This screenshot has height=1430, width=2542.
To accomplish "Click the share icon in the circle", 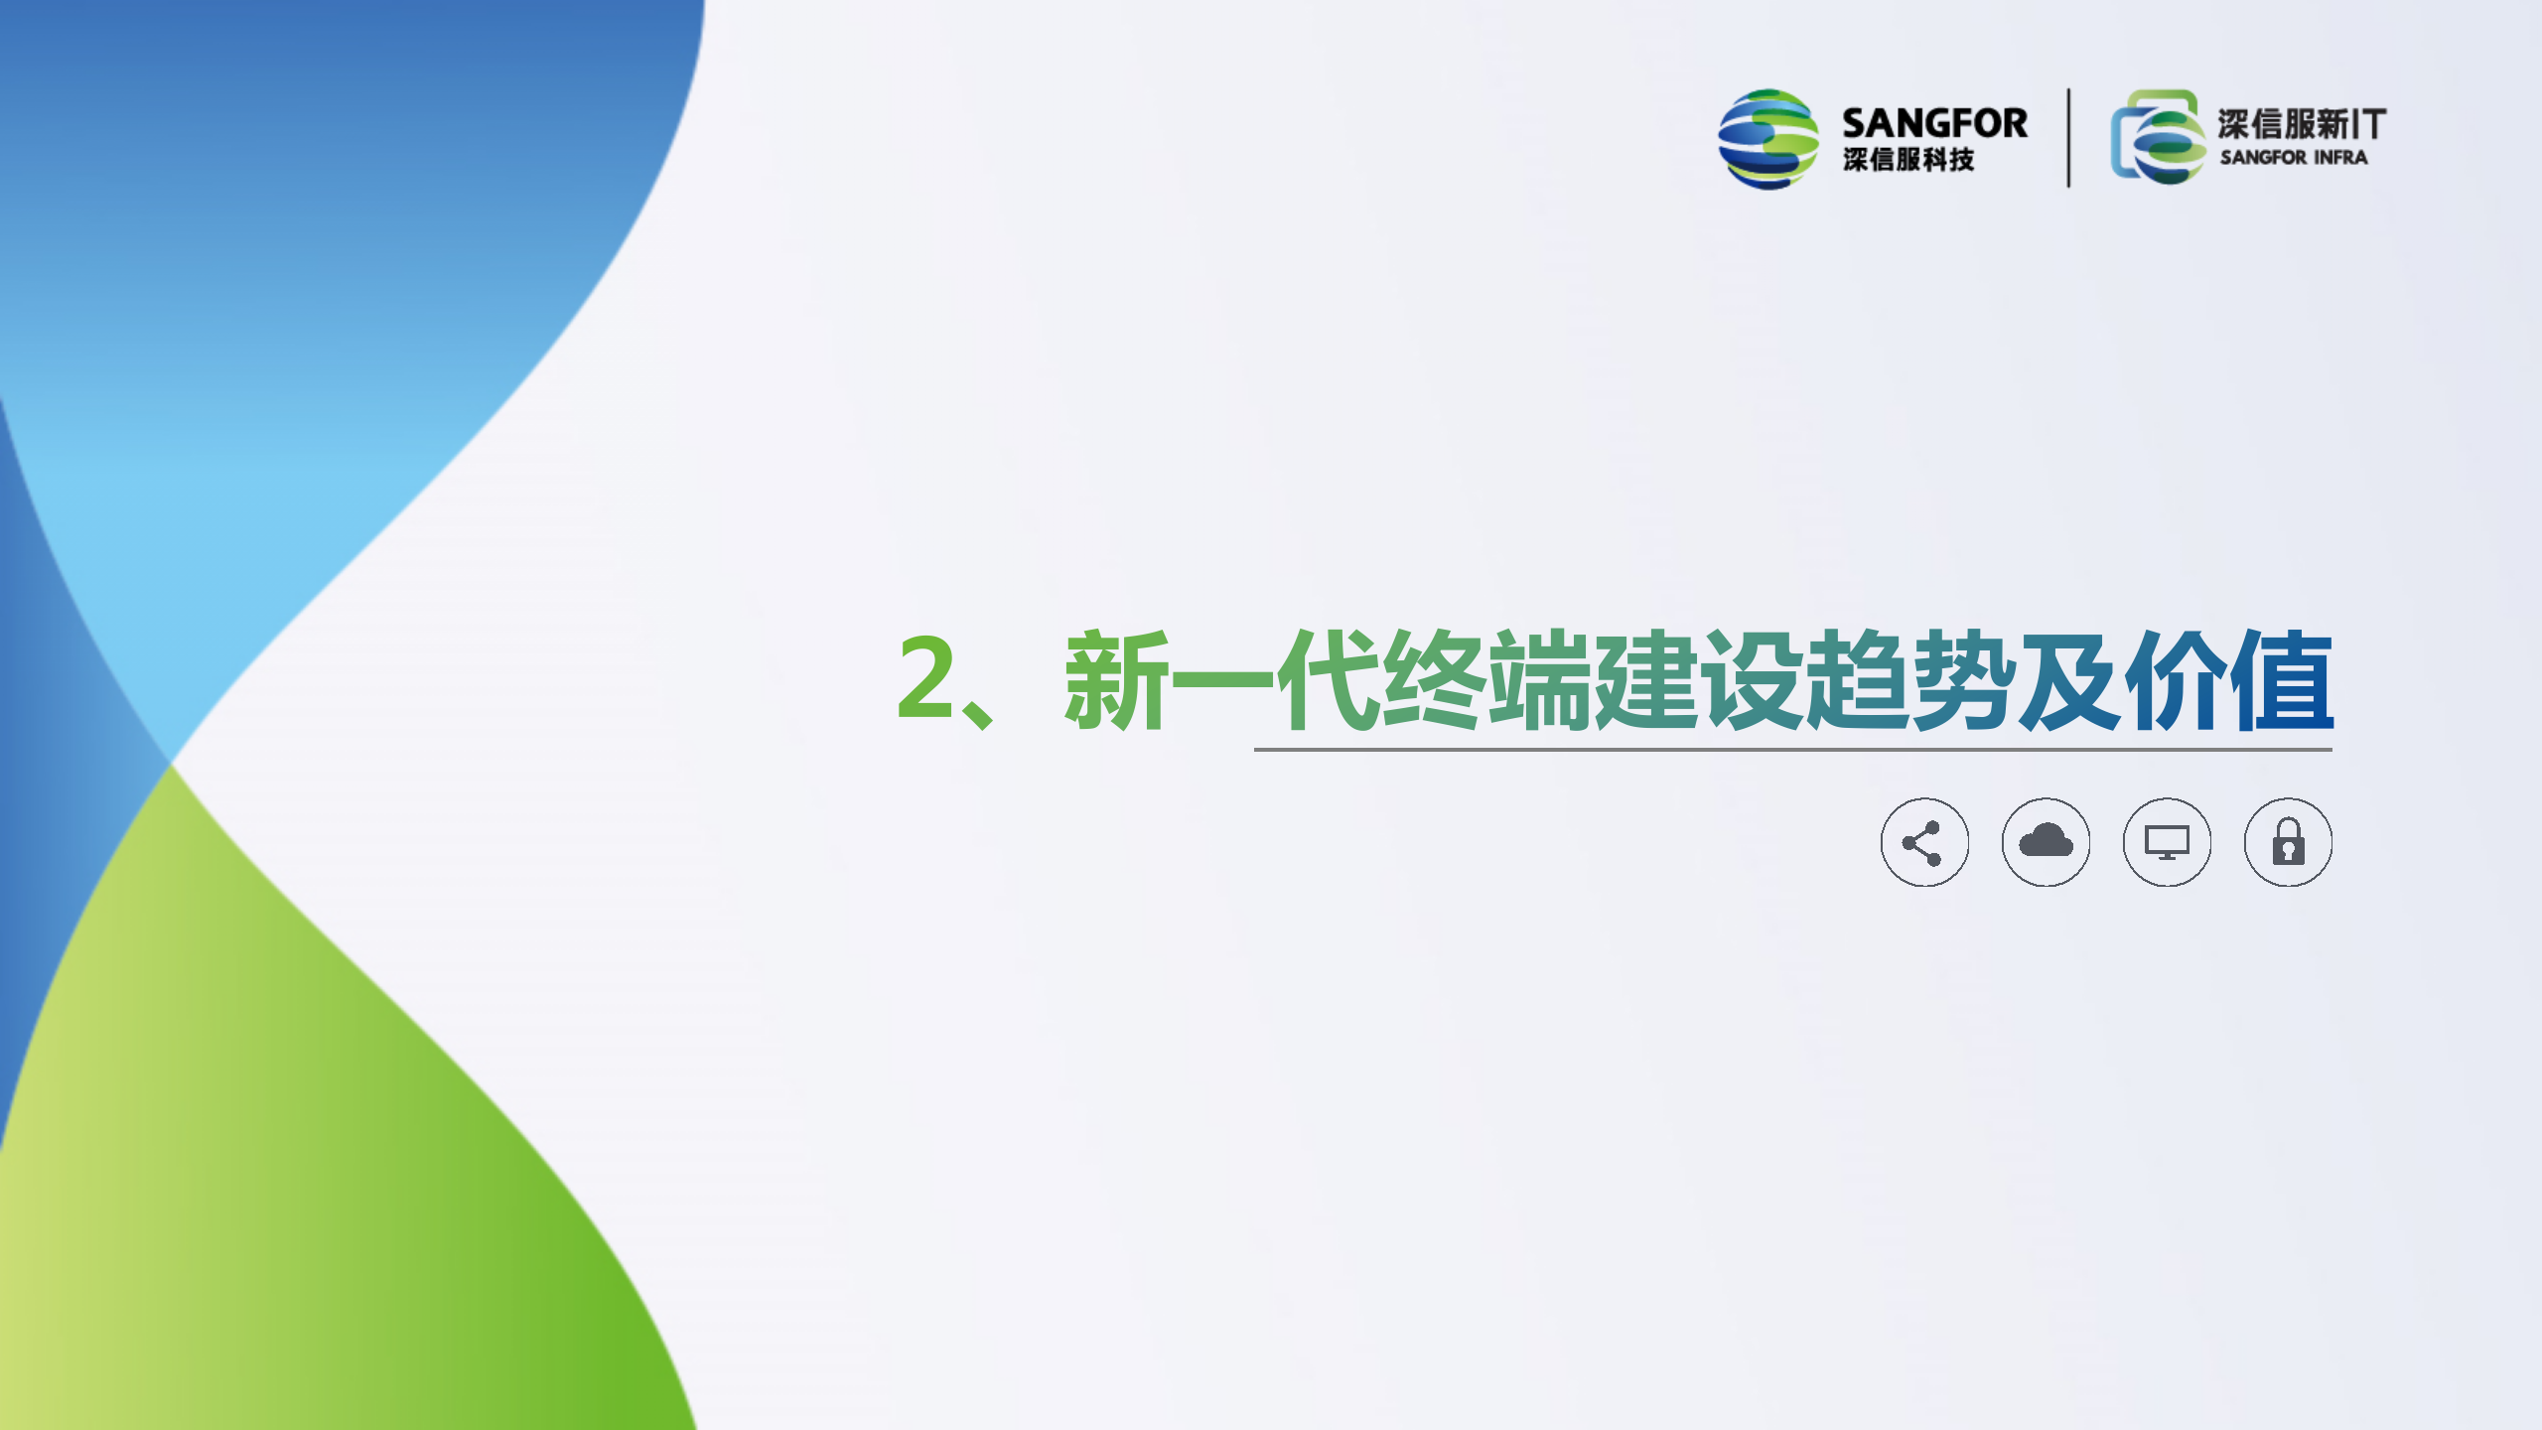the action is click(1924, 842).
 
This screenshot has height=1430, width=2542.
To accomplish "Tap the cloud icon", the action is click(2046, 842).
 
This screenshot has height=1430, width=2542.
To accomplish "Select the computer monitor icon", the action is click(2167, 842).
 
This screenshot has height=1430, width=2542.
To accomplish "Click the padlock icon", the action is click(2288, 842).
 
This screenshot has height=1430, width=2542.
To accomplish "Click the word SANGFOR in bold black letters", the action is click(1934, 123).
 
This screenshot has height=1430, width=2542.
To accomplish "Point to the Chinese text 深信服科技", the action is click(1908, 160).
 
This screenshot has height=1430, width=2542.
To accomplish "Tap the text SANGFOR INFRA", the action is click(2294, 157).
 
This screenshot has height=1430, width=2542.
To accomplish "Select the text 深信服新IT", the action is click(2302, 124).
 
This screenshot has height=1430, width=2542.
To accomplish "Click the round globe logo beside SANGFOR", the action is click(1768, 139).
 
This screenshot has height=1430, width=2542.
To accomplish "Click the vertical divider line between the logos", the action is click(2069, 137).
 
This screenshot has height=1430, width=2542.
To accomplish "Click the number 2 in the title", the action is click(925, 677).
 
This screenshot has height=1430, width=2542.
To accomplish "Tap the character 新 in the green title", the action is click(1116, 680).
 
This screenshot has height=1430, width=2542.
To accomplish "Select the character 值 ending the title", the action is click(2281, 680).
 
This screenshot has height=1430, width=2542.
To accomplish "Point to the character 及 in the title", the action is click(2069, 680).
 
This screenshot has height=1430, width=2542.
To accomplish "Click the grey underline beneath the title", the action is click(1793, 750).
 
